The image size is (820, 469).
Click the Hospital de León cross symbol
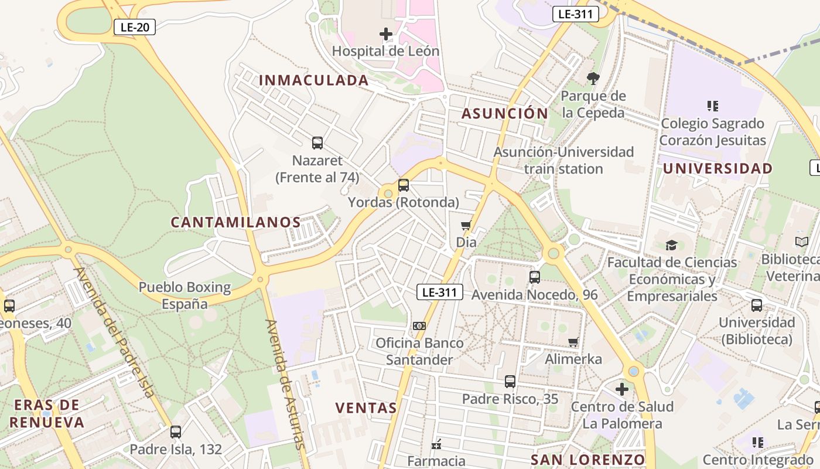tap(386, 34)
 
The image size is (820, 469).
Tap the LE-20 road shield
tap(134, 27)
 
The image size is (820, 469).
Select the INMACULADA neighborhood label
tap(314, 80)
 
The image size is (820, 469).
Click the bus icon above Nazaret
tap(317, 142)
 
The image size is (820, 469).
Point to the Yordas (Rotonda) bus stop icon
tap(404, 185)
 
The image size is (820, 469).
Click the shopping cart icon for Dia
tap(466, 225)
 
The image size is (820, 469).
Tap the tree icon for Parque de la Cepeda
tap(593, 79)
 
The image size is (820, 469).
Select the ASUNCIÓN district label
tap(505, 114)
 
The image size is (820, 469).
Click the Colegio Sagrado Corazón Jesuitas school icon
tap(713, 106)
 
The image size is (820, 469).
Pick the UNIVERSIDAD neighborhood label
tap(717, 169)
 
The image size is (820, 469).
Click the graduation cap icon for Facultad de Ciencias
tap(671, 245)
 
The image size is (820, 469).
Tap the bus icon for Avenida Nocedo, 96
tap(535, 277)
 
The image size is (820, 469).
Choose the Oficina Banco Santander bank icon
tap(419, 325)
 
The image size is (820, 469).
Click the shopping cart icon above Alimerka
tap(573, 342)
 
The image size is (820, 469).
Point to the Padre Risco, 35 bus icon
tap(510, 382)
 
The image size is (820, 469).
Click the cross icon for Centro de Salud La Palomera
tap(622, 389)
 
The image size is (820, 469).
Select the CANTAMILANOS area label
tap(235, 223)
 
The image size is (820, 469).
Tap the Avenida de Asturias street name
tap(285, 384)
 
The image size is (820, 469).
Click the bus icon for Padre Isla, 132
tap(176, 432)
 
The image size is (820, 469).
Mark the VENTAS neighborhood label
tap(366, 408)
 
